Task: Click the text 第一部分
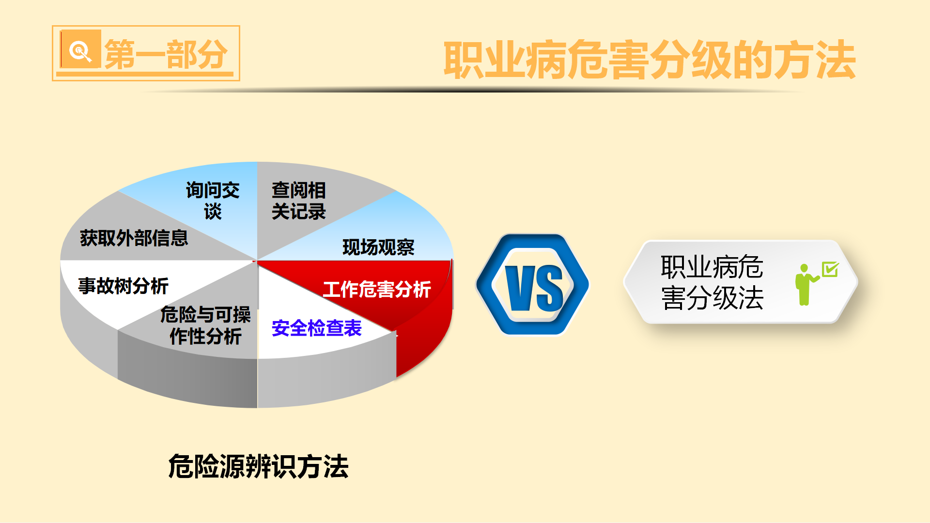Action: (x=166, y=54)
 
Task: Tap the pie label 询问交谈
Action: (x=213, y=200)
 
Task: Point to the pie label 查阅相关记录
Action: (x=298, y=200)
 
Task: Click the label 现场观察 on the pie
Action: (x=378, y=247)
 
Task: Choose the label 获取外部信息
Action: (x=134, y=238)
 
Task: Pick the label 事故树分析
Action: (x=123, y=286)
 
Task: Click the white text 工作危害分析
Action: (x=377, y=289)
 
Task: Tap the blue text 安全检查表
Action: (x=317, y=328)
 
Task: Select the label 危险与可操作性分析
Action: (x=205, y=325)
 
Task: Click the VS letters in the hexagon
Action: (x=534, y=289)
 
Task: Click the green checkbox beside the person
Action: (x=830, y=269)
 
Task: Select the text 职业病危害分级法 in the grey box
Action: (x=712, y=282)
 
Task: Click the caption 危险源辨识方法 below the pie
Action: (x=259, y=466)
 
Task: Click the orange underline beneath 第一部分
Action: (x=145, y=75)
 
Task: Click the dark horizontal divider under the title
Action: (x=472, y=90)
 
